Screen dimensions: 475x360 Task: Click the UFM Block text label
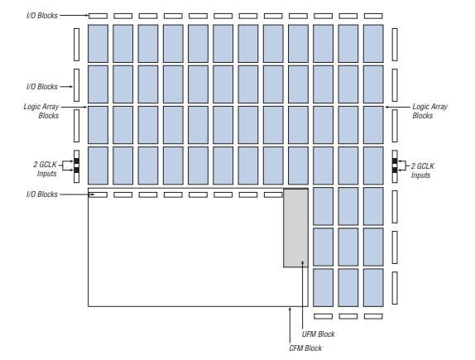click(x=318, y=334)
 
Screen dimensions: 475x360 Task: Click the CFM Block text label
click(x=305, y=348)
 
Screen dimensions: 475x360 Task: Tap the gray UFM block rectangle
click(x=295, y=228)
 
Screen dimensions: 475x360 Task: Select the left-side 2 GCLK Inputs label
click(x=46, y=169)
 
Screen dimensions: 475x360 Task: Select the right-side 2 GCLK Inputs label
click(x=422, y=170)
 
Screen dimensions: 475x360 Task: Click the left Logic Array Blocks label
click(x=41, y=111)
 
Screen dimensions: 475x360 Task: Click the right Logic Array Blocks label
click(x=429, y=111)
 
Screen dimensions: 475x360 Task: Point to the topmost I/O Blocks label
click(x=42, y=15)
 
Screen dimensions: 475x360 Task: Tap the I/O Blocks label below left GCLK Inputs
click(x=42, y=194)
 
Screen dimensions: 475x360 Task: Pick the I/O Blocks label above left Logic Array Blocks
click(x=42, y=87)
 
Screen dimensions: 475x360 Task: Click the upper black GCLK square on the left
click(x=77, y=161)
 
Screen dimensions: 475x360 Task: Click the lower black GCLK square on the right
click(x=395, y=170)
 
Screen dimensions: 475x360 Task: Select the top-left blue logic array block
click(x=98, y=44)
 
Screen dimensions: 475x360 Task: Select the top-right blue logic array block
click(x=373, y=44)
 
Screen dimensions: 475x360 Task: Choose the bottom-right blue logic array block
click(x=373, y=287)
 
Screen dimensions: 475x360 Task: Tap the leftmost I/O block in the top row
click(x=98, y=16)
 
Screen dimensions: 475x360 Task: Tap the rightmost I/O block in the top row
click(x=373, y=16)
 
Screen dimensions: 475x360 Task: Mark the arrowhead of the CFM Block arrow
click(x=290, y=309)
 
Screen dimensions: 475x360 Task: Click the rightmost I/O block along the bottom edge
click(x=373, y=316)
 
